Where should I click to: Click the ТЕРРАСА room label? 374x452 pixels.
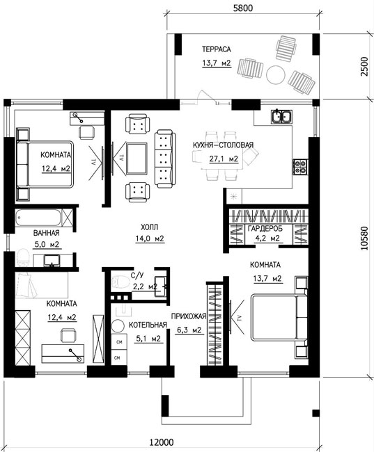217,49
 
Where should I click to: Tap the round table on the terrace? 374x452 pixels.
276,74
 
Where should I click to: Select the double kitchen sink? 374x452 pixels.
281,116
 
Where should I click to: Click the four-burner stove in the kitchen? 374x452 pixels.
299,167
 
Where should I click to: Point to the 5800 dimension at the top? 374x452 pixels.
242,8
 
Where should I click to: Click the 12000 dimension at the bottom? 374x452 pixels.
162,442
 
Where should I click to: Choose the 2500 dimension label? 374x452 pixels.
364,66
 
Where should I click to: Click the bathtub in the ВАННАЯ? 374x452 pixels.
38,218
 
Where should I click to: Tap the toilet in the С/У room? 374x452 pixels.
120,282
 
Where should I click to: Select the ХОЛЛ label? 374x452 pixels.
149,227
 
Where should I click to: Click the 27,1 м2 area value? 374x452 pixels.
224,159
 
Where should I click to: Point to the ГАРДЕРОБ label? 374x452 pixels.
265,229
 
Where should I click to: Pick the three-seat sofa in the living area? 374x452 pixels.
165,159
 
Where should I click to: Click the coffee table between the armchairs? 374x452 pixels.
137,159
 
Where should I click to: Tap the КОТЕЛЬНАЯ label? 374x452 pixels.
148,325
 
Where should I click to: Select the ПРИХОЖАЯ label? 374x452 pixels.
189,316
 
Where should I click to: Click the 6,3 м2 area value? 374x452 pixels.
189,330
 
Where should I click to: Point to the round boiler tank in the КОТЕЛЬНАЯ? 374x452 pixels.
118,327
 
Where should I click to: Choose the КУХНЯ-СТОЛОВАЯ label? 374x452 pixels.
223,145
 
